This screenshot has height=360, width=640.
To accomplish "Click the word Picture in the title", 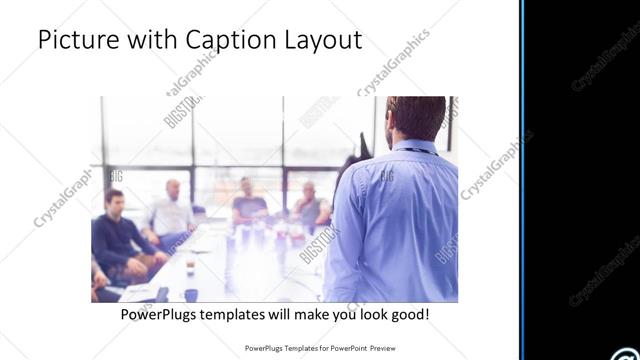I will pos(74,40).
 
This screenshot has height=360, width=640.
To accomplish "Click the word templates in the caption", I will pos(248,314).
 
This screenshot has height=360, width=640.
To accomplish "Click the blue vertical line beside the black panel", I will pos(522,180).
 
